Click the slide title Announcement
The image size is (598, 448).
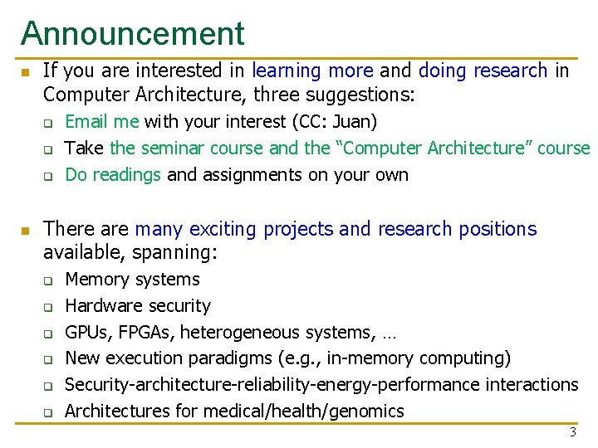(x=133, y=33)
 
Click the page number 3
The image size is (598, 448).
(x=572, y=432)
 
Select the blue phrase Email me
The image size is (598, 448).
(x=101, y=122)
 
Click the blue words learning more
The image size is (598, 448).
(x=312, y=71)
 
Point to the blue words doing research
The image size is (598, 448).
(x=483, y=71)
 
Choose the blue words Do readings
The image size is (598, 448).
(x=113, y=174)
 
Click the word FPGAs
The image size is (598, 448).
(x=144, y=333)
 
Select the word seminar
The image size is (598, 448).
(x=173, y=149)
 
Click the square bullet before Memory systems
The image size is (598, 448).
(x=49, y=280)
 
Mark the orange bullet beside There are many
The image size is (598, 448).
(x=26, y=230)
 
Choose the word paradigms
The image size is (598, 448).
(x=228, y=358)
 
